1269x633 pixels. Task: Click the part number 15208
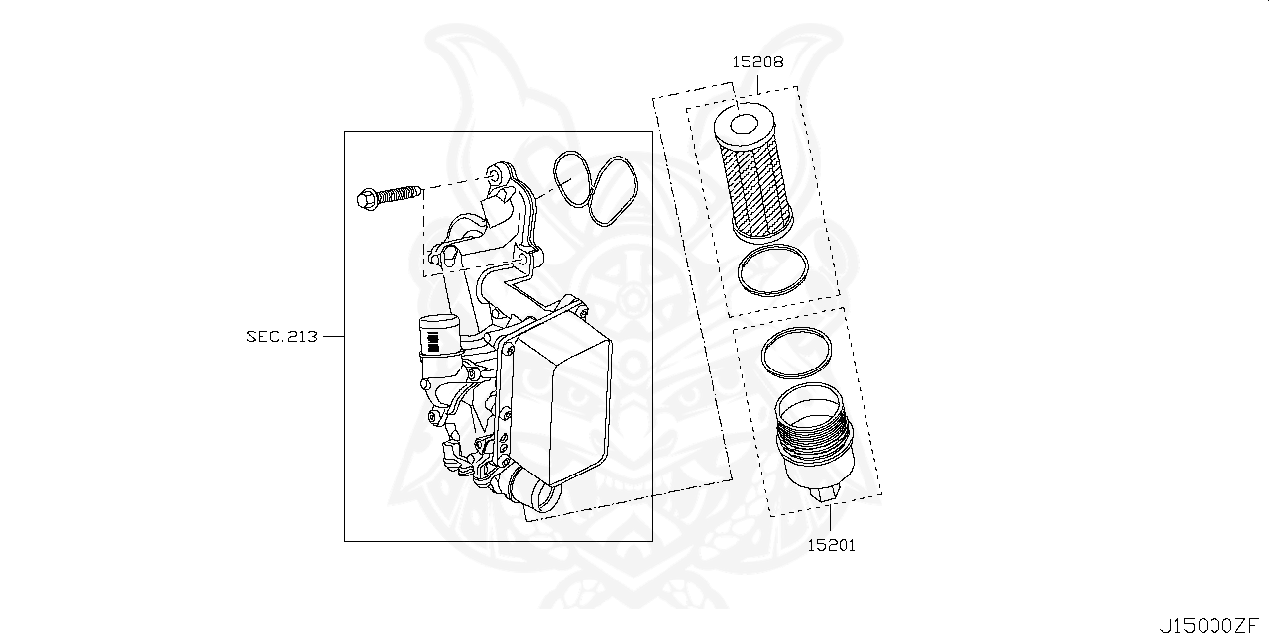click(758, 61)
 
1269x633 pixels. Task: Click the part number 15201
click(830, 544)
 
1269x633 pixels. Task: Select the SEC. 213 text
click(282, 336)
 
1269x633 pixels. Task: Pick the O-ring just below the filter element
click(773, 269)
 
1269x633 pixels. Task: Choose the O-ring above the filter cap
click(796, 355)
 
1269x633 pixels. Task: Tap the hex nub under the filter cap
click(824, 492)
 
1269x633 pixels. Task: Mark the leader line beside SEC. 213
click(333, 336)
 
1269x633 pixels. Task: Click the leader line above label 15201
click(830, 516)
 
